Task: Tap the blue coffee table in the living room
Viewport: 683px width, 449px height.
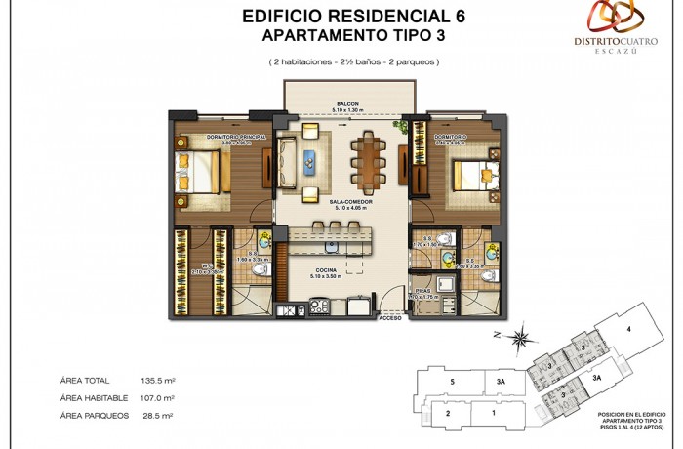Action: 310,161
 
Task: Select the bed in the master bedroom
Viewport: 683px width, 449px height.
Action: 200,174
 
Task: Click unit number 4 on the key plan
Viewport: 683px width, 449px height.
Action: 628,329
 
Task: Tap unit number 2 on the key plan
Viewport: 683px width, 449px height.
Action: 447,414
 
